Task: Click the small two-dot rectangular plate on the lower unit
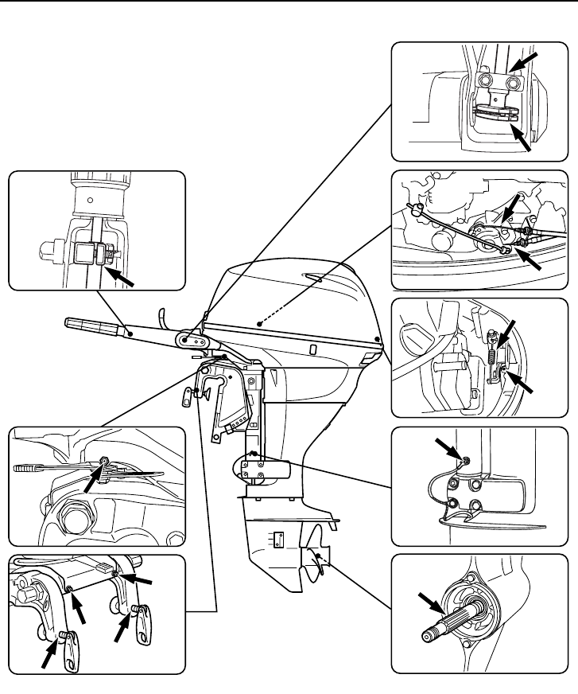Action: click(277, 541)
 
